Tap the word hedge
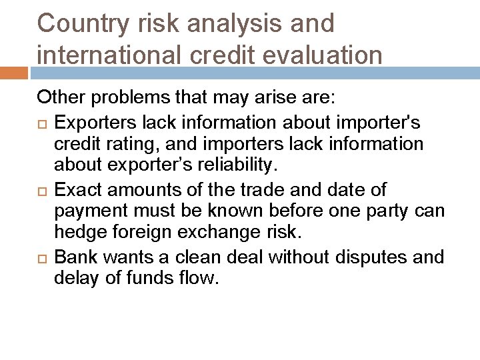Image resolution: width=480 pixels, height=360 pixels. [77, 233]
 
